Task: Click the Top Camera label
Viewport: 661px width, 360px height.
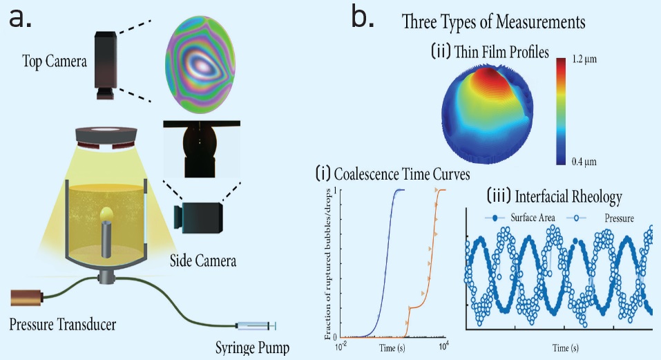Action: (x=54, y=62)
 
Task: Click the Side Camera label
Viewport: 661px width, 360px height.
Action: (x=203, y=261)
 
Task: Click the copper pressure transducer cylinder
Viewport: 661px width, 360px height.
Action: (x=28, y=298)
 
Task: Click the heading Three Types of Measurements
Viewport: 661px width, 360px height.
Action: (x=494, y=21)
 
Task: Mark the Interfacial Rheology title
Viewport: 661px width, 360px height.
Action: (x=555, y=196)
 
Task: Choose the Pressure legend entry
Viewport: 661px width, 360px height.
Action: (x=608, y=218)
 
